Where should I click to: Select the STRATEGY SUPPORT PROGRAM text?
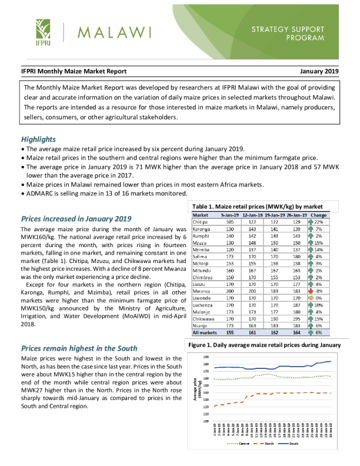pos(288,33)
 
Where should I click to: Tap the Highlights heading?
pos(38,139)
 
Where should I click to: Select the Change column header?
pos(318,215)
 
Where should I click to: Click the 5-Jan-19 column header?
pos(229,215)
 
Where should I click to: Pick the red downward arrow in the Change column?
pos(310,291)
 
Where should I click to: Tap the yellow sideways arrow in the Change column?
pos(310,298)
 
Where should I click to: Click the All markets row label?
pos(205,332)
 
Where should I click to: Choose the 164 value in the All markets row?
pos(296,332)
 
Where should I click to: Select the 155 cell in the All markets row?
pos(230,332)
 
